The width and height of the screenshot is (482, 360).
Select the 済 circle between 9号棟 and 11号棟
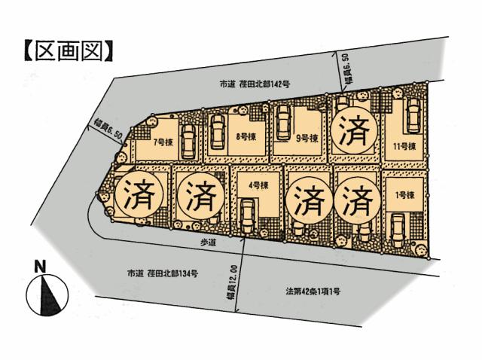click(x=354, y=133)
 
